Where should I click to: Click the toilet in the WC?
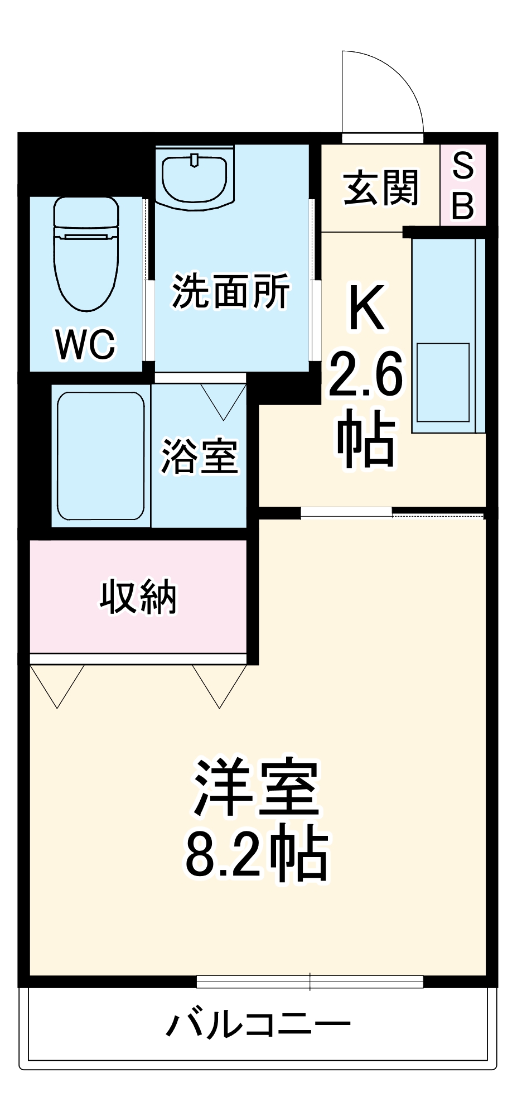(86, 254)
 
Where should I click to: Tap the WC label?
(86, 344)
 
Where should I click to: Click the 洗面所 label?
(230, 291)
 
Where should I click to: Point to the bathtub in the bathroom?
(101, 455)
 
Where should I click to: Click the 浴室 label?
(200, 456)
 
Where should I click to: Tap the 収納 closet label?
(138, 597)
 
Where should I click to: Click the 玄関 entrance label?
(381, 188)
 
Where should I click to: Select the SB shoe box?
(463, 185)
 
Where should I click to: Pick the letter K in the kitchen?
(366, 307)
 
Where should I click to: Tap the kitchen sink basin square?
(443, 382)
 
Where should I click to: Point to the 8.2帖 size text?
(257, 853)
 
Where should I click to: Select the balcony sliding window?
(310, 982)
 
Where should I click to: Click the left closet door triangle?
(57, 684)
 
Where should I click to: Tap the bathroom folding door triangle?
(223, 400)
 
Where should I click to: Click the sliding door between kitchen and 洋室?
(346, 512)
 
